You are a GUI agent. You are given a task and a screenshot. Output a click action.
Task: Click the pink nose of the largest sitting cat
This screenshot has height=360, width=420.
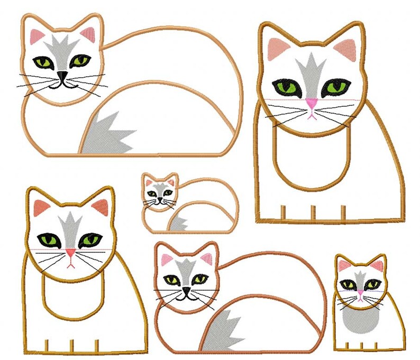(312, 104)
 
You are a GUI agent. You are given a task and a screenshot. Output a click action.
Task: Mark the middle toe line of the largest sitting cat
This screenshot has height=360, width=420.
(312, 212)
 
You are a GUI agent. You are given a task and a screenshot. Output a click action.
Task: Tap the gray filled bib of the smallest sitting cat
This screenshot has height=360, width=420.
(359, 318)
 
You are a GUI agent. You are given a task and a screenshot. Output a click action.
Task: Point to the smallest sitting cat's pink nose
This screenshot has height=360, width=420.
(360, 292)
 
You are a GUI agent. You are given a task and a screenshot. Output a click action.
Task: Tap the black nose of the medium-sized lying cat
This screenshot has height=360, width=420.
(186, 290)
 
